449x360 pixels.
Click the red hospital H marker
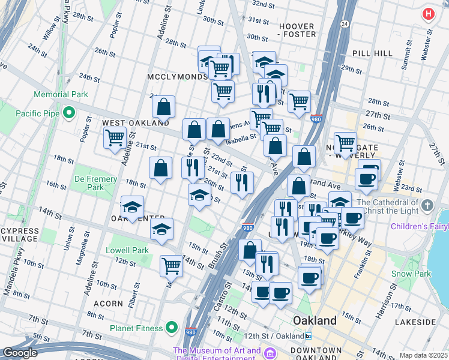[x=429, y=14]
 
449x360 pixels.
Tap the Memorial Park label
[x=61, y=94]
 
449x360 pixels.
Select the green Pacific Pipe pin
[x=69, y=112]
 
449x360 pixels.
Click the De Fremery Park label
[x=89, y=182]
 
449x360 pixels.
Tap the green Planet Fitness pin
[x=172, y=328]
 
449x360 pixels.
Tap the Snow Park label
[x=411, y=274]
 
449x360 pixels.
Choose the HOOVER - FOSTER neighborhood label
[x=297, y=31]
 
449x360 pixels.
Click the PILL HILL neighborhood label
[x=372, y=53]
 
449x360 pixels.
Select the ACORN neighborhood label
[x=109, y=304]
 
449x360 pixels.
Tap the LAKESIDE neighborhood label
[x=415, y=322]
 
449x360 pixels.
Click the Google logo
[x=20, y=353]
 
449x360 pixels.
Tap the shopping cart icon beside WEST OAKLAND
[x=115, y=138]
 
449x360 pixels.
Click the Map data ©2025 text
[x=423, y=355]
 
